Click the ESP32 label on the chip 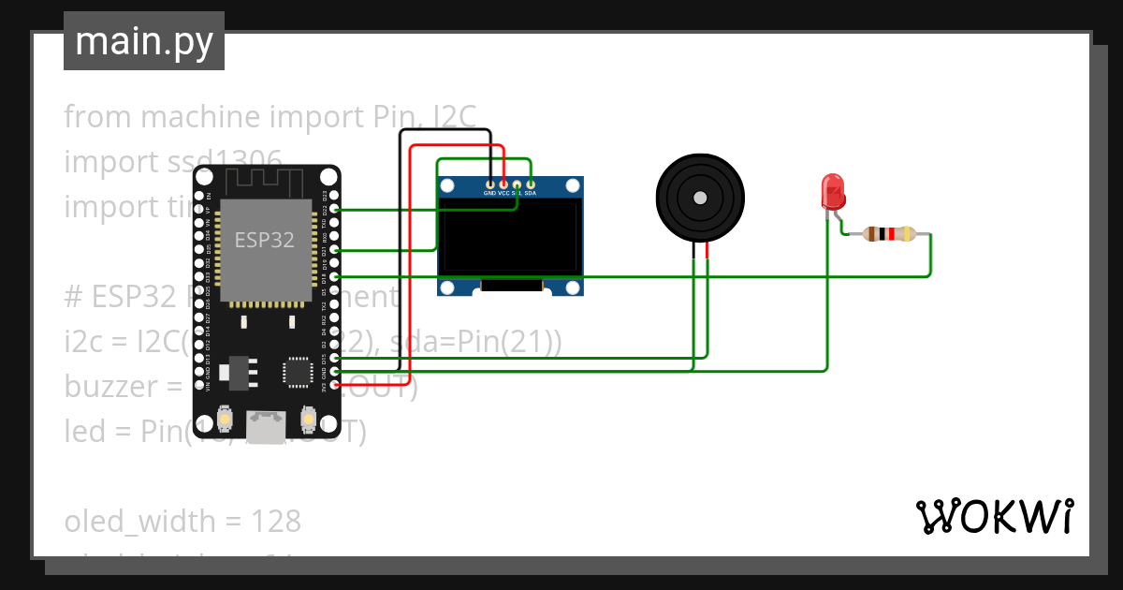tap(264, 240)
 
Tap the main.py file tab tap(144, 41)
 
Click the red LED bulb tap(832, 191)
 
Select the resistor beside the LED tap(888, 234)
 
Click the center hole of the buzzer tap(699, 198)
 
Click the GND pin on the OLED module tap(489, 184)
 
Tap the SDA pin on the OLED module tap(531, 184)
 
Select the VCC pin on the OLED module tap(503, 184)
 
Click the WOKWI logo tap(995, 516)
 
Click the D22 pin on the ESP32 tap(335, 211)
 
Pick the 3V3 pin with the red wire tap(335, 385)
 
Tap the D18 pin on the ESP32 tap(335, 277)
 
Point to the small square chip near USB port tap(299, 371)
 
